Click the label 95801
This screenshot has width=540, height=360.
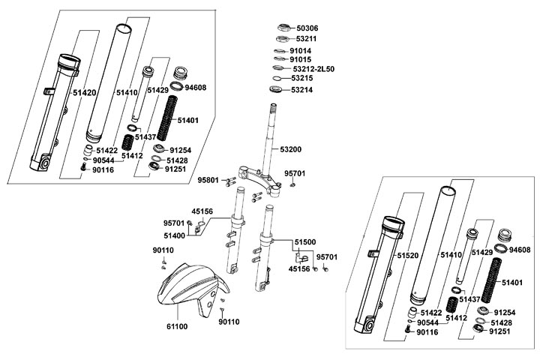pyautogui.click(x=208, y=181)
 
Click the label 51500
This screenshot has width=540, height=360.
pyautogui.click(x=305, y=242)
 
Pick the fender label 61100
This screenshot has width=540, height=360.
pyautogui.click(x=177, y=327)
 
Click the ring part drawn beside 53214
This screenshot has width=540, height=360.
pyautogui.click(x=277, y=90)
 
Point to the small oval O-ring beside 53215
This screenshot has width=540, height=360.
pyautogui.click(x=277, y=78)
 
